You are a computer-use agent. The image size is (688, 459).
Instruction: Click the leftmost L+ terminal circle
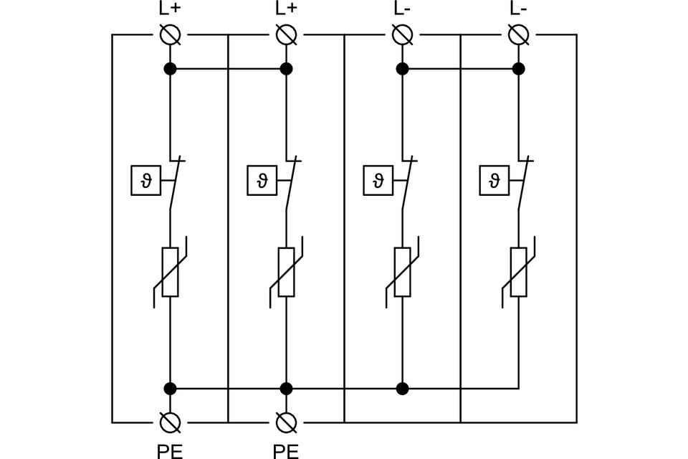point(170,34)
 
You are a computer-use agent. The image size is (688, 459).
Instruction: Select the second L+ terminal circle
point(286,34)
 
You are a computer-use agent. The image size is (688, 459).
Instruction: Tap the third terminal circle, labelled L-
point(402,34)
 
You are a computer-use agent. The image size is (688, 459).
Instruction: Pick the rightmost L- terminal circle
point(518,34)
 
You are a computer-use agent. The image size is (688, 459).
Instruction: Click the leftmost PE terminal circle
point(170,422)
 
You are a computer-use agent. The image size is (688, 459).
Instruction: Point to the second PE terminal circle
point(286,422)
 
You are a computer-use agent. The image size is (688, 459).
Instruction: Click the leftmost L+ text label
point(170,9)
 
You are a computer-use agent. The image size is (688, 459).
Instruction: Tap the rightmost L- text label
point(518,9)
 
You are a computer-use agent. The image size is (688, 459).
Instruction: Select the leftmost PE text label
point(169,450)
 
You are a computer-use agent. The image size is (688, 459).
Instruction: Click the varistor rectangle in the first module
point(170,272)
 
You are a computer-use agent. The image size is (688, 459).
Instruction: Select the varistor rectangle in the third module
point(402,272)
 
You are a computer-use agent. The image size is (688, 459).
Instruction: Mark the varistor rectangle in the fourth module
point(518,272)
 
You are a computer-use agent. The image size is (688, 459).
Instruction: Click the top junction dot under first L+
point(170,69)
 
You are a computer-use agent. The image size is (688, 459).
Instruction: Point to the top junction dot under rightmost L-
point(518,69)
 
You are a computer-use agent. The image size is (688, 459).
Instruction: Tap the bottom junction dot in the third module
point(402,389)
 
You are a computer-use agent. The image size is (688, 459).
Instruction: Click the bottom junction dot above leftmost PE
point(170,389)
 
